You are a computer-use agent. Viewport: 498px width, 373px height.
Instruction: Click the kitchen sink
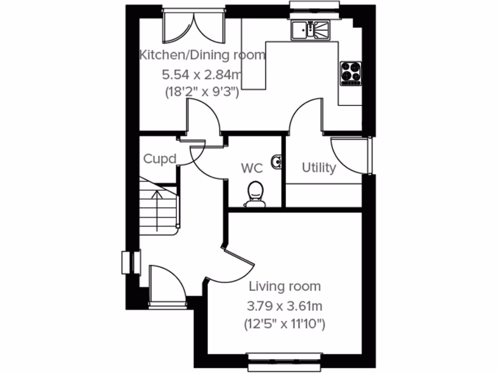(x=310, y=30)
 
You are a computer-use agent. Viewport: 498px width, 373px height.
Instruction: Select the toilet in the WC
(x=255, y=194)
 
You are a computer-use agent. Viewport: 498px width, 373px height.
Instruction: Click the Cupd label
(x=159, y=159)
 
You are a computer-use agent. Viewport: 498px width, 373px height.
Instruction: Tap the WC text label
(x=252, y=169)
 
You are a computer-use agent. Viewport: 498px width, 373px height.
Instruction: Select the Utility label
(x=319, y=168)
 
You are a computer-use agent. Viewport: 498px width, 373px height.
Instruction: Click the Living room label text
(x=285, y=287)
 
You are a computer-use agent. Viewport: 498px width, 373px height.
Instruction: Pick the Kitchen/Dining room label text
(x=202, y=55)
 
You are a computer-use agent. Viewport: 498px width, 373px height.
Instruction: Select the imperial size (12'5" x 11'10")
(x=285, y=324)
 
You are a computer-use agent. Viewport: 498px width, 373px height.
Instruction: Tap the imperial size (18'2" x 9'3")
(x=200, y=92)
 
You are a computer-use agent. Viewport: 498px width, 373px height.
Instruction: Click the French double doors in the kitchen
(x=194, y=27)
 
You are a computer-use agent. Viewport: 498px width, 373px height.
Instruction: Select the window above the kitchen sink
(x=314, y=5)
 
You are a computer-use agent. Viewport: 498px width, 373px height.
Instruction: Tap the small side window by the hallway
(x=131, y=263)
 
